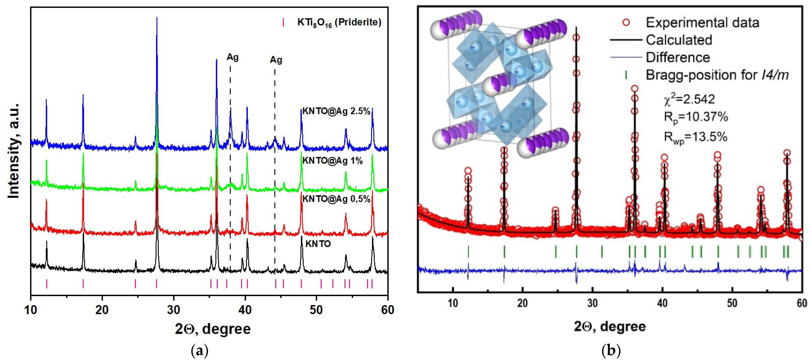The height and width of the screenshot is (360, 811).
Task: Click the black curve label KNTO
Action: pyautogui.click(x=318, y=244)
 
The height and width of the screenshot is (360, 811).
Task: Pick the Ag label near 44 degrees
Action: pyautogui.click(x=276, y=60)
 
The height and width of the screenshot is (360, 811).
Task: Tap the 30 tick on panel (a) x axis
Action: pyautogui.click(x=174, y=310)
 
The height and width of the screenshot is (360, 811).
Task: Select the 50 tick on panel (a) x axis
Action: pyautogui.click(x=316, y=310)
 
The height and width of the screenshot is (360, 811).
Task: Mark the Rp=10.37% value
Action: pyautogui.click(x=696, y=117)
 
